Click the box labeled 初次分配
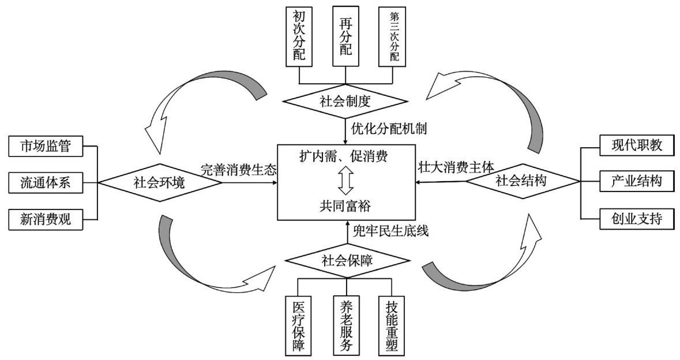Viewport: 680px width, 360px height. (x=299, y=36)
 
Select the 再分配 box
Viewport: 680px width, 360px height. (x=345, y=36)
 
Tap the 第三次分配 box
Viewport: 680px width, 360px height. (x=392, y=36)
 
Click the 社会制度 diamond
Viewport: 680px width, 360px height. (x=344, y=102)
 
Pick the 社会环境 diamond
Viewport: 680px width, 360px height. (x=159, y=183)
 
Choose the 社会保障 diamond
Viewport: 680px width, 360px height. (x=347, y=261)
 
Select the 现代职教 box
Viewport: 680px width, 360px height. (x=636, y=146)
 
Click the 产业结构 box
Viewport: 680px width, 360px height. (x=636, y=182)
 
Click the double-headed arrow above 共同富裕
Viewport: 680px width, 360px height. (x=345, y=181)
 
